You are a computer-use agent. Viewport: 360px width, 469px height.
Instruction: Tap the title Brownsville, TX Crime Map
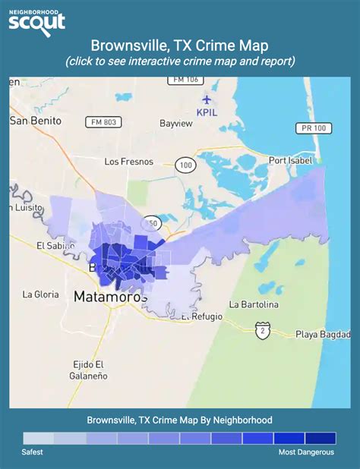click(179, 46)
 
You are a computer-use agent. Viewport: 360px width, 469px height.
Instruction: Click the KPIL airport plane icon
click(207, 99)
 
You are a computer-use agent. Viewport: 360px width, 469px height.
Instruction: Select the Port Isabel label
click(292, 160)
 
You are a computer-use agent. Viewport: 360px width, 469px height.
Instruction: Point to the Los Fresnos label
click(128, 162)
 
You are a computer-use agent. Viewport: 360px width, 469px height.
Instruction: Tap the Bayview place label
click(176, 123)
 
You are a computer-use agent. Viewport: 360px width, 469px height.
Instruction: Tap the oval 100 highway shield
click(184, 164)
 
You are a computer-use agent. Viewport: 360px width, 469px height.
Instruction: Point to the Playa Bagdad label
click(328, 335)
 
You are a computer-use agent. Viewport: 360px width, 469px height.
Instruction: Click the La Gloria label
click(36, 294)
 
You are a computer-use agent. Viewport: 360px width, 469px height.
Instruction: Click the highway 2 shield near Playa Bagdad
click(263, 330)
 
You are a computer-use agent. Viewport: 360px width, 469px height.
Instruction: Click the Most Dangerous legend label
click(305, 452)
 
